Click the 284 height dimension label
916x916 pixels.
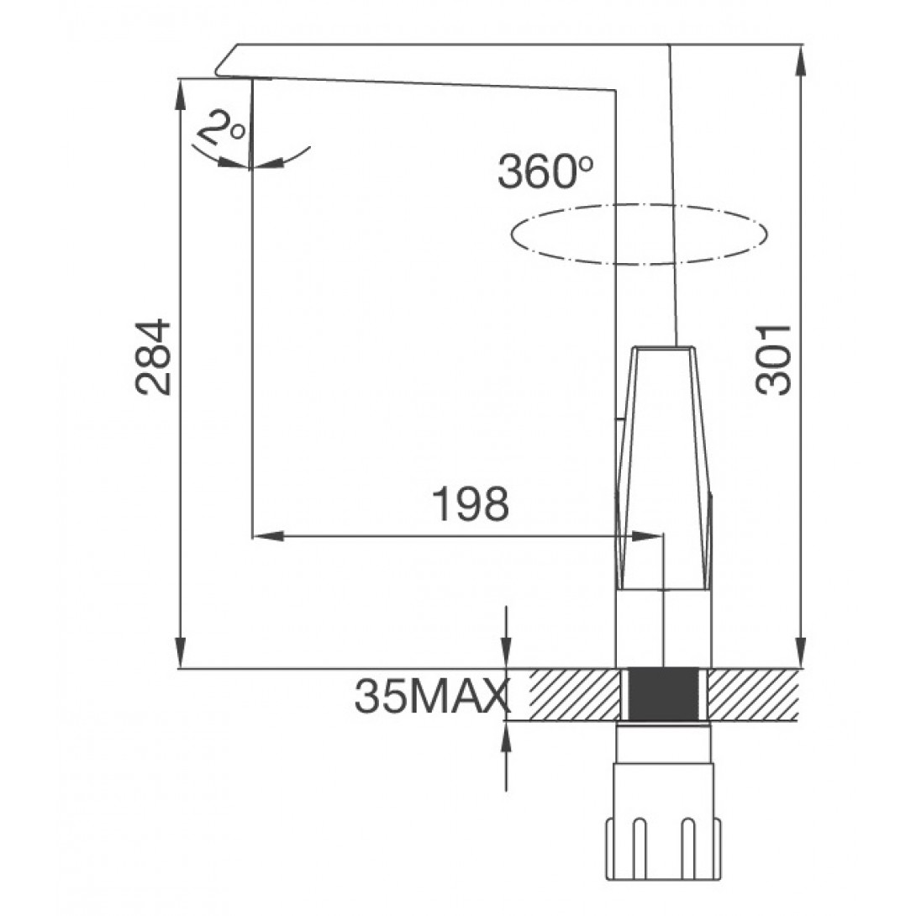[x=153, y=357]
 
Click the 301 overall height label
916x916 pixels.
[x=773, y=359]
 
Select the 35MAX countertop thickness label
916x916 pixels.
[x=429, y=696]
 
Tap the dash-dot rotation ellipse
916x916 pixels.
[x=639, y=234]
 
